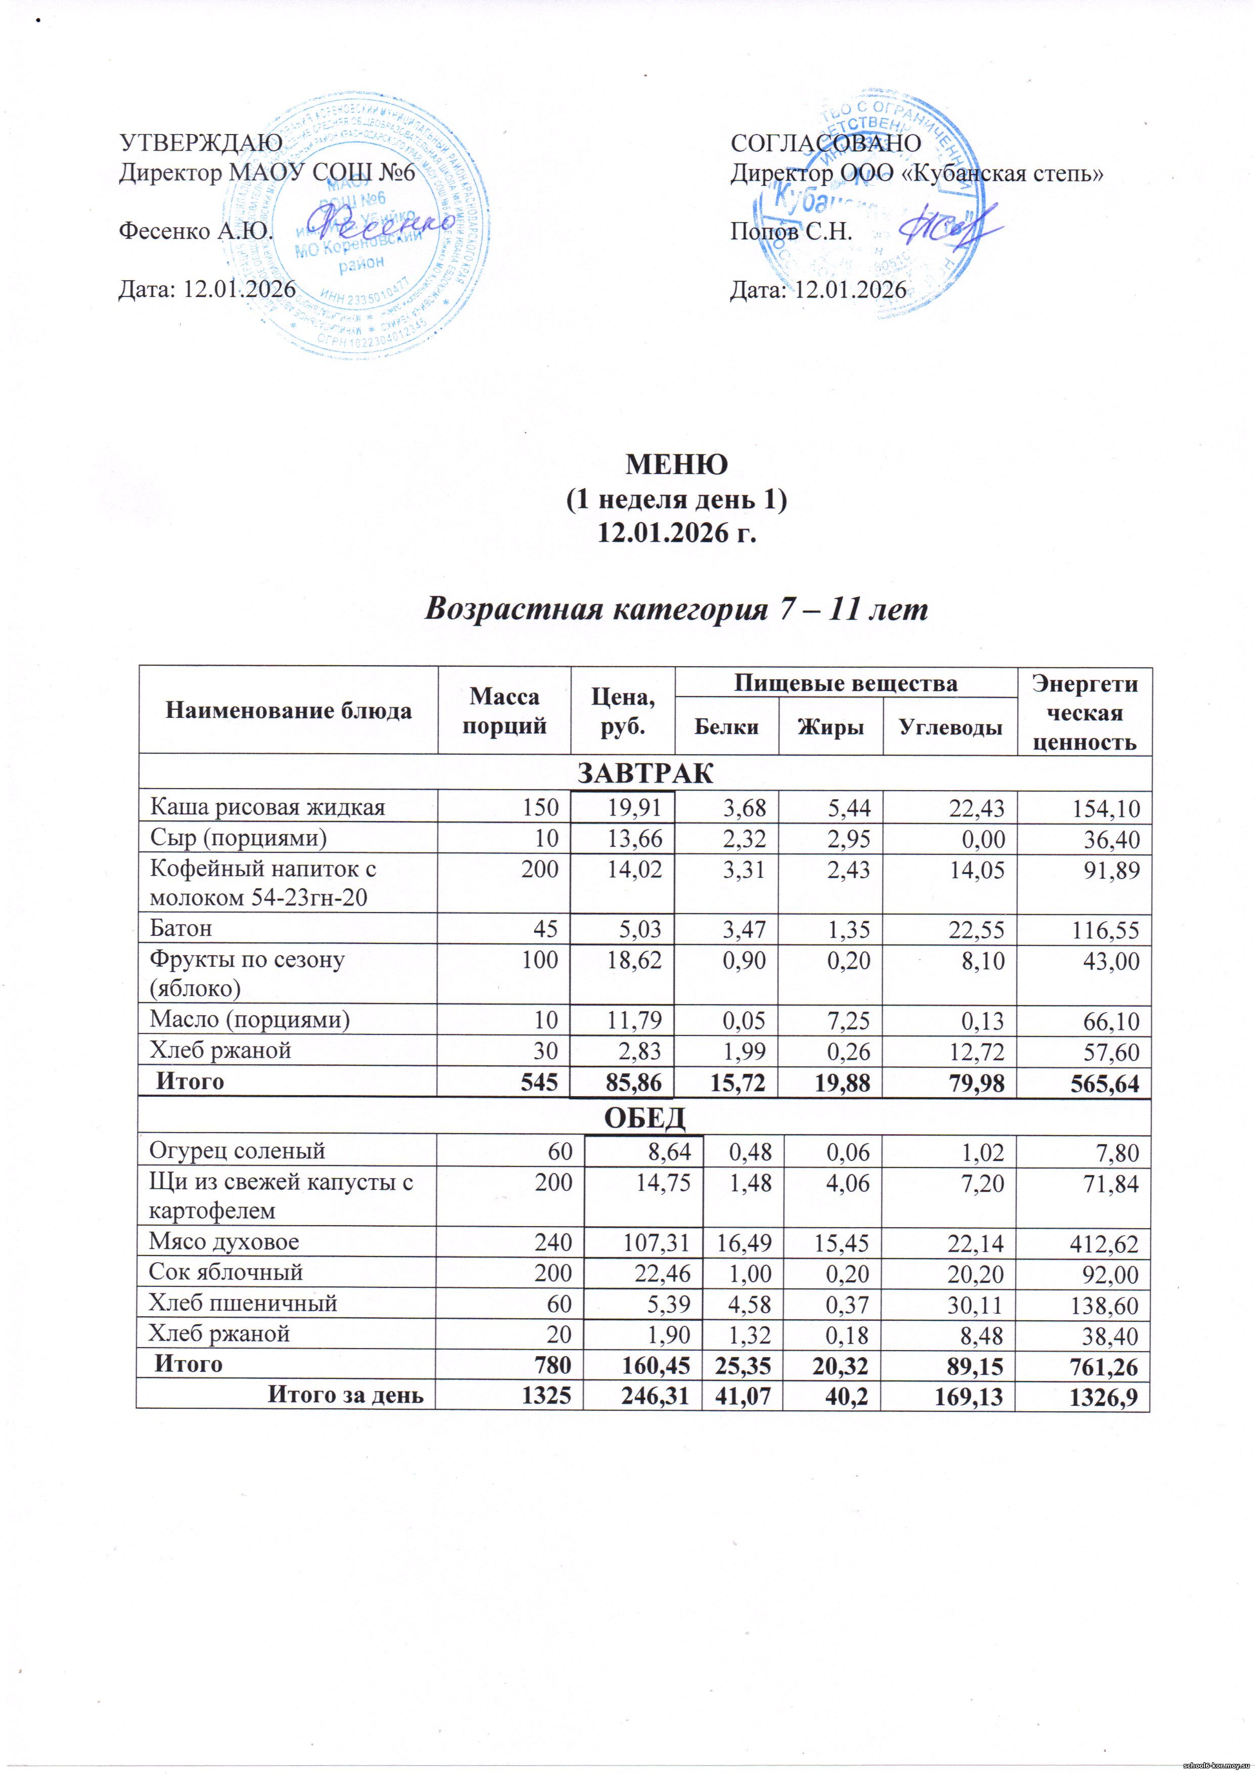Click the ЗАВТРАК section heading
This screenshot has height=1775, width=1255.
click(x=645, y=772)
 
